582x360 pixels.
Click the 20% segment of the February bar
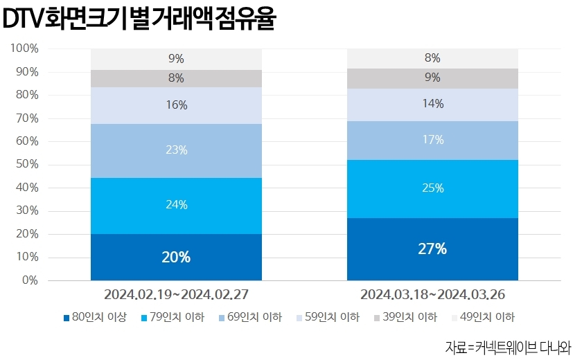[x=176, y=257]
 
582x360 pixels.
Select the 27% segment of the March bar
[x=432, y=249]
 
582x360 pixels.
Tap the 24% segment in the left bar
[x=176, y=205]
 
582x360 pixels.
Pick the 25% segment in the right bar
[x=432, y=188]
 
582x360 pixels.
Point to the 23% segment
[x=176, y=150]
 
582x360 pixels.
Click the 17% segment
[x=432, y=140]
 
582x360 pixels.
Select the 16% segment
[x=176, y=105]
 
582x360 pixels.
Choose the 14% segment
[x=432, y=105]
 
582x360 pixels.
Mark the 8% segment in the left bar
[x=176, y=78]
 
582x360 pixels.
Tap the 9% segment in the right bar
[x=432, y=78]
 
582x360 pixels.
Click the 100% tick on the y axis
[x=24, y=48]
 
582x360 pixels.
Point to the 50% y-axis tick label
[x=27, y=165]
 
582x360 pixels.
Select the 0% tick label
[x=30, y=280]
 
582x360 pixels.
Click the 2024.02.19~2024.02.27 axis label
[x=176, y=295]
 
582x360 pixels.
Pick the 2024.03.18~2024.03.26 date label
[x=432, y=295]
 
